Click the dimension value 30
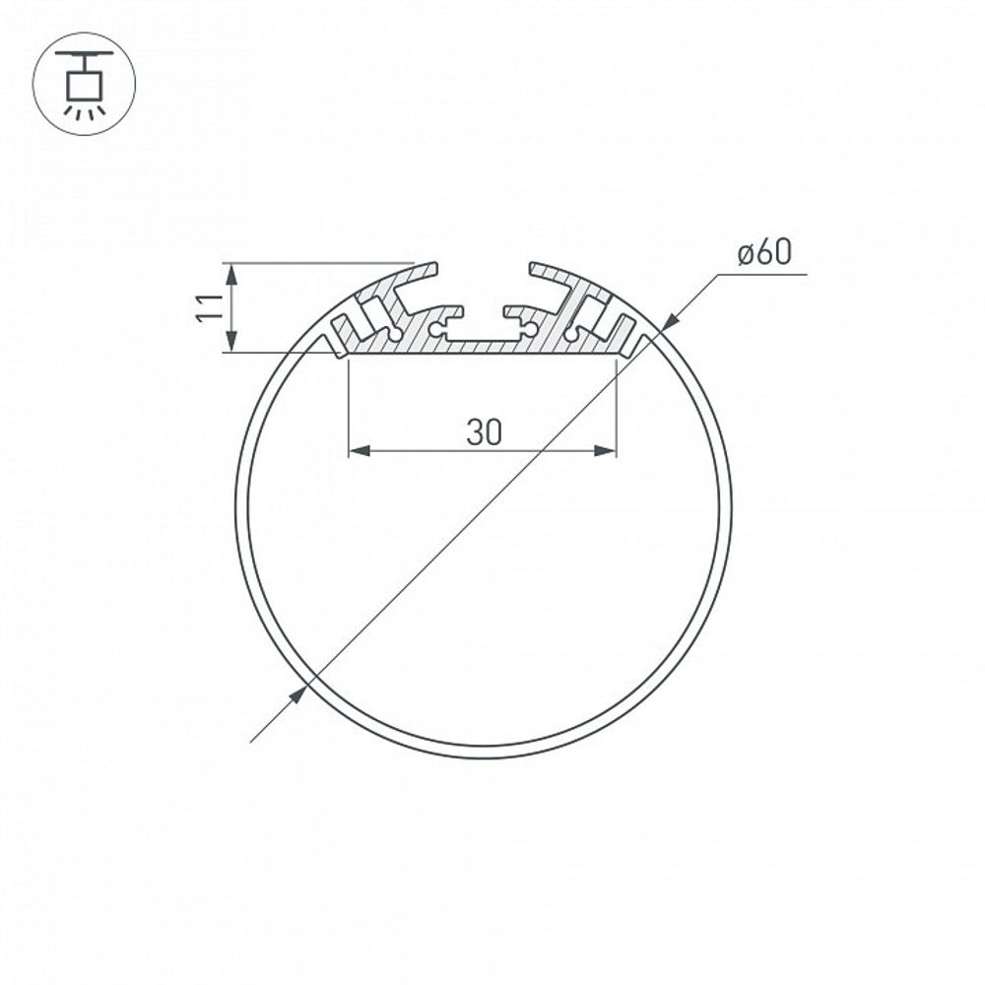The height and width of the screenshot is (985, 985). pos(484,432)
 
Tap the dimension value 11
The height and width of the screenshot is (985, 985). pos(206,306)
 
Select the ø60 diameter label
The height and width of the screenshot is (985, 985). pos(764,253)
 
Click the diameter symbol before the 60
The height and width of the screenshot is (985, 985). pos(747,255)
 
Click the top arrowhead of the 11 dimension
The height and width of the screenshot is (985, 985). pos(231,272)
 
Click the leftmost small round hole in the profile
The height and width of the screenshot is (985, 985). pos(395,334)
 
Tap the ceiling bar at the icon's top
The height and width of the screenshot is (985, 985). pos(84,52)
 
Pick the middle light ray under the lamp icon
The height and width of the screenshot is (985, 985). pos(84,113)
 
